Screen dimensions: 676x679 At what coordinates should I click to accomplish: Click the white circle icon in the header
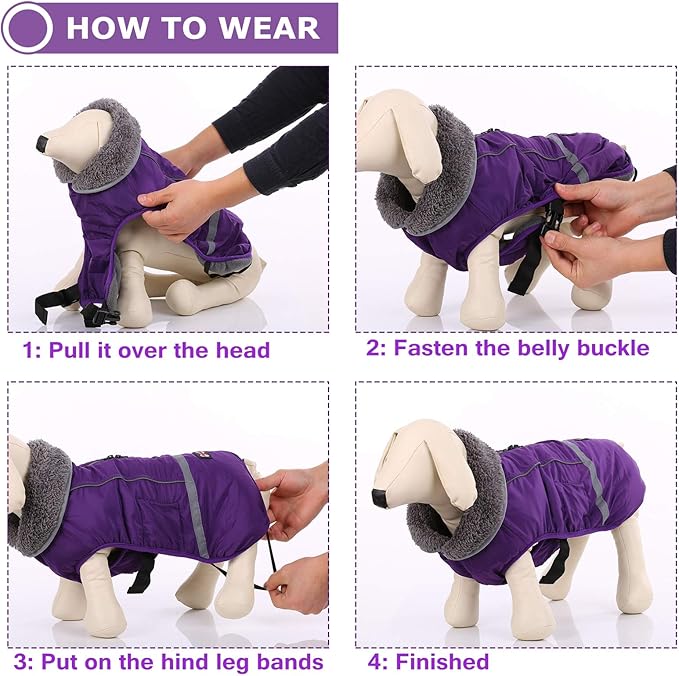[27, 27]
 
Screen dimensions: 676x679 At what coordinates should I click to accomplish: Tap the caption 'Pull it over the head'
[158, 350]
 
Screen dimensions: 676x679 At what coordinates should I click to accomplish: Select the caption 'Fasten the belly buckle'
[521, 348]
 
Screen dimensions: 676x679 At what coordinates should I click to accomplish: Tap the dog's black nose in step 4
[380, 497]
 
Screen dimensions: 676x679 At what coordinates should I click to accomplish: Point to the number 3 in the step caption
[21, 662]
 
